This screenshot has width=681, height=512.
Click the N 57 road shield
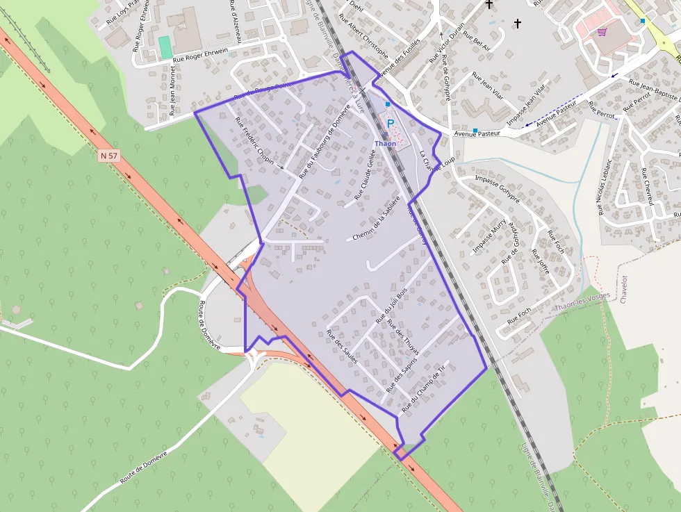click(108, 156)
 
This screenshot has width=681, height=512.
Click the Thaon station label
click(385, 144)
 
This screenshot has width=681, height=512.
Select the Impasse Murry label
click(490, 238)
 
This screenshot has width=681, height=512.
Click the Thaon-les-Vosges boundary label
click(582, 300)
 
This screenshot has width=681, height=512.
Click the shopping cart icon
click(602, 31)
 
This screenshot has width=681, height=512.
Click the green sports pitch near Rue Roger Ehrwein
click(165, 47)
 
